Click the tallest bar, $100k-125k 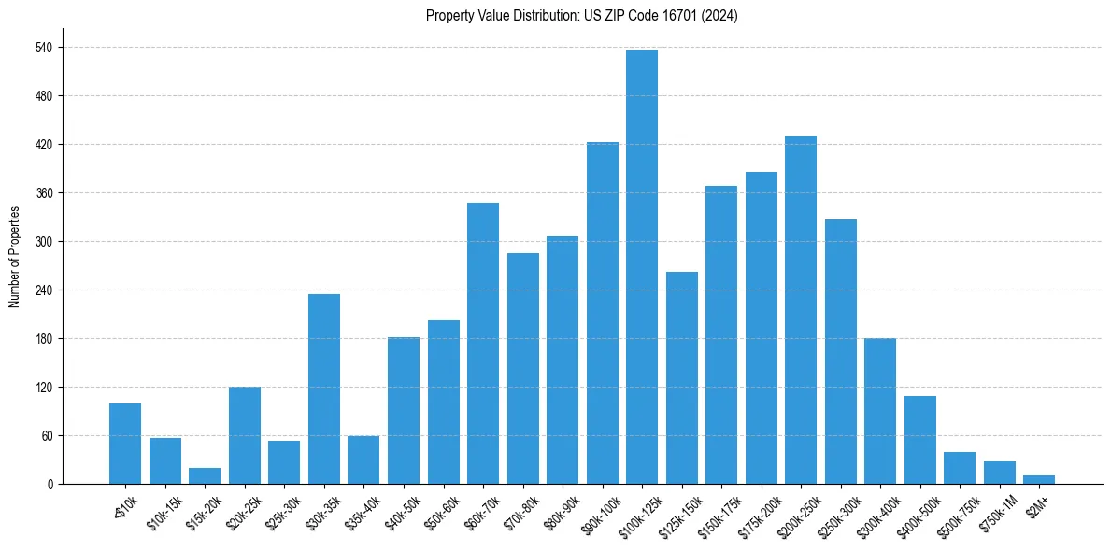click(x=642, y=267)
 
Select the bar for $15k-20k click(x=205, y=476)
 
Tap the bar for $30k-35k click(x=324, y=389)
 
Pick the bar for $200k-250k click(x=801, y=310)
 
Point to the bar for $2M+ click(x=1039, y=480)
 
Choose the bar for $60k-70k click(x=483, y=344)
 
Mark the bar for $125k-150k click(x=682, y=378)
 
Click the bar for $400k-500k click(x=920, y=440)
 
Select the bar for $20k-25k click(x=245, y=435)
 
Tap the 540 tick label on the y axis click(x=44, y=48)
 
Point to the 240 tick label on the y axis click(x=44, y=290)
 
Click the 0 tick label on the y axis click(x=50, y=485)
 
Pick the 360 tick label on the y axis click(x=44, y=193)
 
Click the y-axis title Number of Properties click(x=14, y=257)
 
